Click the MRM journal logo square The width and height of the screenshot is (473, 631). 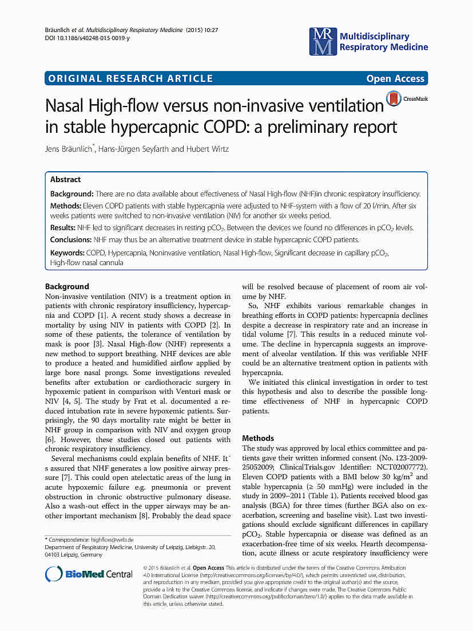[323, 41]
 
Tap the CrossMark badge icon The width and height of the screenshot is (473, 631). [393, 99]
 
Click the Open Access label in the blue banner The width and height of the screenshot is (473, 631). [395, 79]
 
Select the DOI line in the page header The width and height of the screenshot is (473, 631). [87, 38]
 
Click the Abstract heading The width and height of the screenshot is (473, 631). [65, 179]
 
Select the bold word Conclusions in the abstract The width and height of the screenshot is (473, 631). [71, 239]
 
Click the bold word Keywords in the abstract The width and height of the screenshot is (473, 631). [67, 253]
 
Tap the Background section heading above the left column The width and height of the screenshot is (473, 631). [67, 286]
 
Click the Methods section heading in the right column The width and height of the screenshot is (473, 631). [258, 438]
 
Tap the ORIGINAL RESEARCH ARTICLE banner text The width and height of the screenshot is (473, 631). [131, 79]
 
